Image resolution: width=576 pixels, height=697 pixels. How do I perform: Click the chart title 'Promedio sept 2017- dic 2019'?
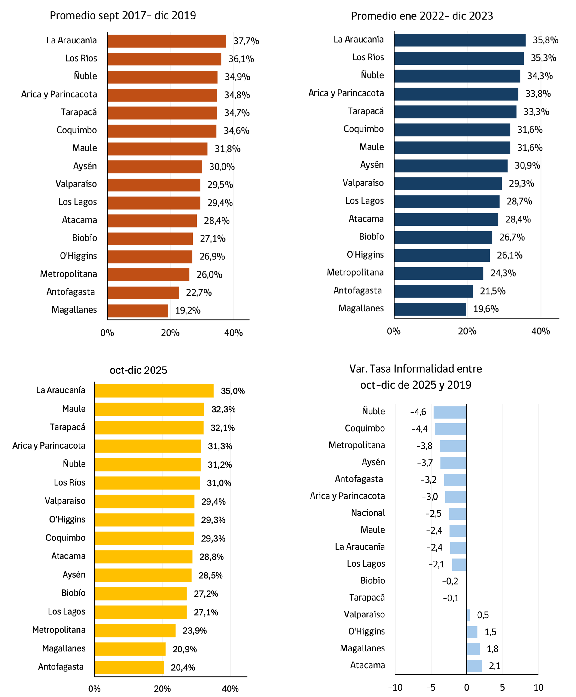tap(123, 15)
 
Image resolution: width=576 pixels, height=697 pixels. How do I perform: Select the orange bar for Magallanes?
tap(138, 310)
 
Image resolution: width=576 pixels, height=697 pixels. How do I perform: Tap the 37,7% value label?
tap(246, 41)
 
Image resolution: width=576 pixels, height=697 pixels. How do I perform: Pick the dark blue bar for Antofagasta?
tap(433, 291)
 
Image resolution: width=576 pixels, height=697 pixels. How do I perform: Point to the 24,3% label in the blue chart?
tap(503, 273)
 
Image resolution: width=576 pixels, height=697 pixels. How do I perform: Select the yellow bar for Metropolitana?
tap(135, 630)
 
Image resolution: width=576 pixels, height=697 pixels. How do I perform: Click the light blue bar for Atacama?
tap(474, 666)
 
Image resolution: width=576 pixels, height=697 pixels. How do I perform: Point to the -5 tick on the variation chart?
tap(430, 687)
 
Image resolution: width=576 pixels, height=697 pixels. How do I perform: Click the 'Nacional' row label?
tap(368, 513)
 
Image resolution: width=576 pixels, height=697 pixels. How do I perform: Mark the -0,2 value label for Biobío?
tap(450, 581)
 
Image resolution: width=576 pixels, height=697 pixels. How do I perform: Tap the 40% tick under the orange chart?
tap(233, 333)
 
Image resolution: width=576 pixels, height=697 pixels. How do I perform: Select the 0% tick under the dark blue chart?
tap(394, 331)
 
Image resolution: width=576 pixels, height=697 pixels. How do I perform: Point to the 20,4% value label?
tap(183, 667)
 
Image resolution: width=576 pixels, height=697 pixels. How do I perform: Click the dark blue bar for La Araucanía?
tap(460, 40)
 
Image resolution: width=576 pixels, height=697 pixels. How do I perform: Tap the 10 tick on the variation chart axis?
tap(538, 687)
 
